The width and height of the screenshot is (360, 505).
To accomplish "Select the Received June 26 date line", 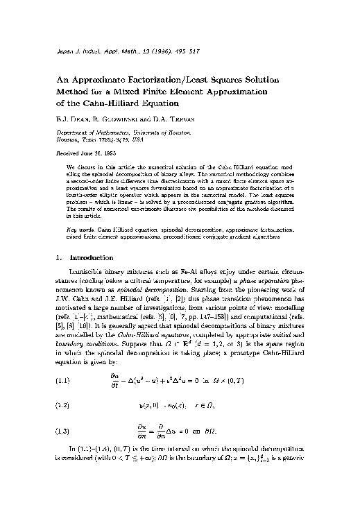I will coord(85,152).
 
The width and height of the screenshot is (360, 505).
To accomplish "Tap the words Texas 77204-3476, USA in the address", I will coord(105,139).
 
